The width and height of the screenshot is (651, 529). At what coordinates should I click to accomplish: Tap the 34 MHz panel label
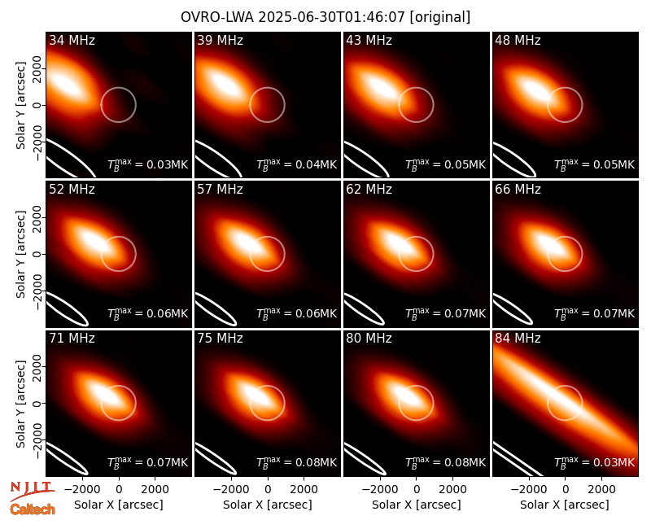click(x=72, y=40)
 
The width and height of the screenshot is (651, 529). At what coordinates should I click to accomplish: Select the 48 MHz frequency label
click(x=518, y=40)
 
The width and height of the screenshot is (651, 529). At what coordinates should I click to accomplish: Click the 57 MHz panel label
click(x=220, y=190)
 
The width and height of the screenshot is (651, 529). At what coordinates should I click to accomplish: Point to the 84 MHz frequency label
click(x=518, y=339)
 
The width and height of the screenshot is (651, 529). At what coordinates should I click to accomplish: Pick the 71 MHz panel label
click(x=72, y=339)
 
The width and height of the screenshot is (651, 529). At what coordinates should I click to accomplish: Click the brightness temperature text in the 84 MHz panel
click(x=595, y=461)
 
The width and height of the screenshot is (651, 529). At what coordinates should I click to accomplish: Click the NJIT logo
click(x=33, y=491)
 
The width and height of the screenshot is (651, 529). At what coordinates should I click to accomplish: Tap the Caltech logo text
click(x=33, y=509)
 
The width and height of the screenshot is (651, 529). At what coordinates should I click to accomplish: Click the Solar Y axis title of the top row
click(x=20, y=106)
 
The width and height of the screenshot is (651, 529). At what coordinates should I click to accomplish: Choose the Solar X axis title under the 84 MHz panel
click(x=565, y=505)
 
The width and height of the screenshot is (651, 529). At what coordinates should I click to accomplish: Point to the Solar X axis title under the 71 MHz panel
click(x=119, y=505)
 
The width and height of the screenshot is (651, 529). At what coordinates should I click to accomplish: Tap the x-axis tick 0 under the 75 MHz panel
click(x=268, y=489)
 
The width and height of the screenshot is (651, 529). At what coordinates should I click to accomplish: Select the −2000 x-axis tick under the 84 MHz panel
click(x=524, y=489)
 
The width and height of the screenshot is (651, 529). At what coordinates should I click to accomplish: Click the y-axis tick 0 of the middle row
click(x=37, y=254)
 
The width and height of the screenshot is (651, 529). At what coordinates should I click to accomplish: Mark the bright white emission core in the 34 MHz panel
click(x=67, y=86)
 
